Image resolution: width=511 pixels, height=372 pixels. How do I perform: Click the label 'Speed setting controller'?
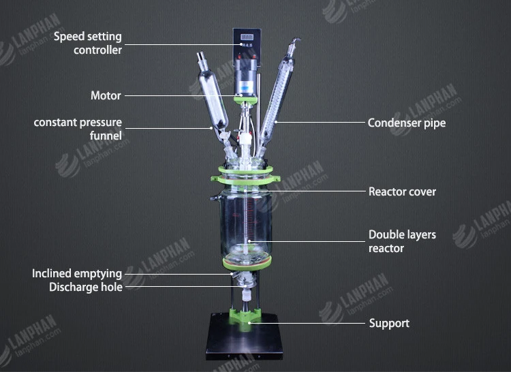[89, 42]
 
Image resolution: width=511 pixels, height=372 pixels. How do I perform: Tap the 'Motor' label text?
[106, 96]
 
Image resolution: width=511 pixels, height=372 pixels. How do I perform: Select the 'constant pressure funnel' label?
[78, 129]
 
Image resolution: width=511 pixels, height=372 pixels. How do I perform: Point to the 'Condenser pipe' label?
[407, 123]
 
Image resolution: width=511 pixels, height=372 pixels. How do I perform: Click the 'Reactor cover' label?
[402, 191]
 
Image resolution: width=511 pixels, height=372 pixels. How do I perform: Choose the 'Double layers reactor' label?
[402, 241]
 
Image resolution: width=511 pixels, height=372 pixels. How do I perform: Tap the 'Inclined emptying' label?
[77, 274]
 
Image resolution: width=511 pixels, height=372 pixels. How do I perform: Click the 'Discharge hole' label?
[86, 288]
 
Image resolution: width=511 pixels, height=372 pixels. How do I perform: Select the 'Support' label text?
[389, 323]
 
